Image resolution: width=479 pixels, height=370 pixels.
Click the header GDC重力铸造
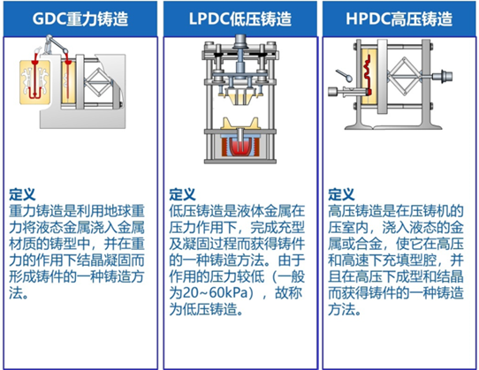point(80,19)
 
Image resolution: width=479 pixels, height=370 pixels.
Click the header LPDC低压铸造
point(240,19)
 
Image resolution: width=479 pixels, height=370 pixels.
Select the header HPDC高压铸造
point(399,19)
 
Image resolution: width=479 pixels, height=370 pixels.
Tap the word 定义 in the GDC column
point(22,194)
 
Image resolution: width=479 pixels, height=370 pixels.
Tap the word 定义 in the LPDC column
point(182,194)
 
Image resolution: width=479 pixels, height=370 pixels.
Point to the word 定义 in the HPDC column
point(341,194)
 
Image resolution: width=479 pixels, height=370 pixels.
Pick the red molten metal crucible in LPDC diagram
point(240,147)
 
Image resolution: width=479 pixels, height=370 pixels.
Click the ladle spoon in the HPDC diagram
point(345,75)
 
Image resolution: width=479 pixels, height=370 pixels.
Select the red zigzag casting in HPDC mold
point(369,74)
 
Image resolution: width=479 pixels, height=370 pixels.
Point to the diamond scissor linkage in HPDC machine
point(404,76)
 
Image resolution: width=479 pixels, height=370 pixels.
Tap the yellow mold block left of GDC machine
point(34,82)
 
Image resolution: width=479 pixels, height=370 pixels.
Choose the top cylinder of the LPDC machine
point(240,41)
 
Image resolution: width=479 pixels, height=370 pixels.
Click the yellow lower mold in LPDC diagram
point(240,124)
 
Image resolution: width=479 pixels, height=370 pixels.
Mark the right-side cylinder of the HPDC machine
point(442,76)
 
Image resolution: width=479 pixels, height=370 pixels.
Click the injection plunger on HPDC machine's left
point(346,92)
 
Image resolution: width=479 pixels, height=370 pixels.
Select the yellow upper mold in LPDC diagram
point(240,98)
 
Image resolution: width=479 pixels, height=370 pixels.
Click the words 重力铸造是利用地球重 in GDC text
point(77,211)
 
